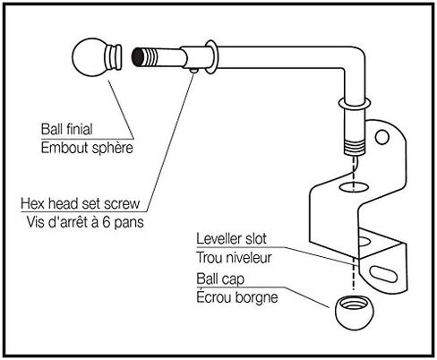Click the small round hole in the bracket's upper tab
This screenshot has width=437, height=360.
click(383, 139)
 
